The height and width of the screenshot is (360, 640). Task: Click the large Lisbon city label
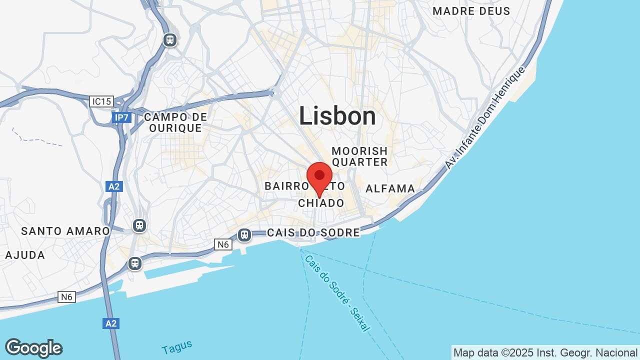[337, 116]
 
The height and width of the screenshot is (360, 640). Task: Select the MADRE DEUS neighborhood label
[471, 11]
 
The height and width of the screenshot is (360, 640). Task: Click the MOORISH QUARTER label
[359, 156]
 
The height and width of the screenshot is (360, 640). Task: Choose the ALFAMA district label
[390, 188]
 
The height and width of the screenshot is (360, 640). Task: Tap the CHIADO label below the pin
[321, 203]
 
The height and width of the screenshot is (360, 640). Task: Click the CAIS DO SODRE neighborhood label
[313, 232]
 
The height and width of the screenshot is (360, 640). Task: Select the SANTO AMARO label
[65, 231]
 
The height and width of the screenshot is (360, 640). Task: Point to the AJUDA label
[25, 255]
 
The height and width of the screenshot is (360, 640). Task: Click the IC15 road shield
[101, 101]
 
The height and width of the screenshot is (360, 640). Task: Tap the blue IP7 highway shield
[121, 117]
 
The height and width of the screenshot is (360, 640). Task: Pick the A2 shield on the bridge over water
[111, 323]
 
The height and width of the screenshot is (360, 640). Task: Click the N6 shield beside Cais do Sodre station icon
[223, 244]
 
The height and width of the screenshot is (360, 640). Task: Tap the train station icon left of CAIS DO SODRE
[244, 234]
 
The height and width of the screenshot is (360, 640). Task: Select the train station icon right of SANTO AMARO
[139, 225]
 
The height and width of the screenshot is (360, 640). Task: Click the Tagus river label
[177, 346]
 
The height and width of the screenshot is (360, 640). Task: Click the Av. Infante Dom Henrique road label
[485, 117]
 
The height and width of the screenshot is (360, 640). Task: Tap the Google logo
[33, 348]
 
